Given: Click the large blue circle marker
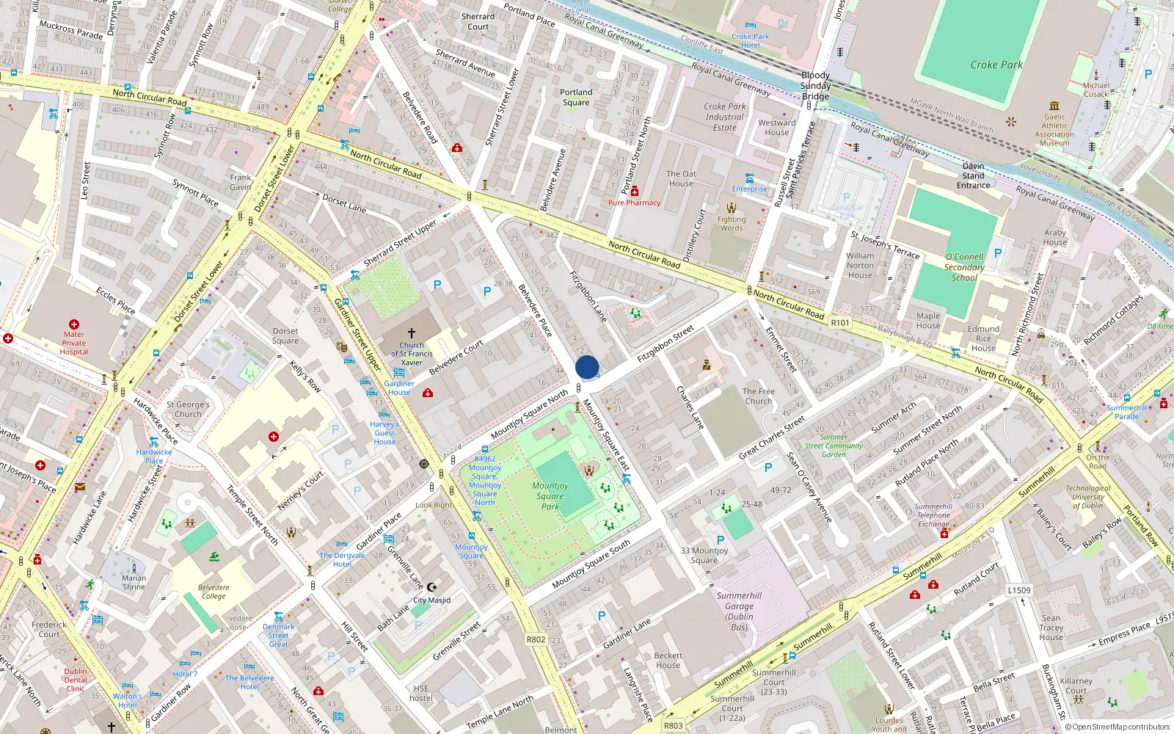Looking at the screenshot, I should click(587, 367).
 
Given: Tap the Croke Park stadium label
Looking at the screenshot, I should click(996, 65).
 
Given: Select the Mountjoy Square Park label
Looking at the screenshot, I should click(550, 495).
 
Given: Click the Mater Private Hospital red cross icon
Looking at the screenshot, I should click(74, 324).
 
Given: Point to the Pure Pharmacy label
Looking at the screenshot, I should click(634, 203).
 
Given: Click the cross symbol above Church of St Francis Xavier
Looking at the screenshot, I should click(412, 333).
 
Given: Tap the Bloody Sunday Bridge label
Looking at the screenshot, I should click(815, 86).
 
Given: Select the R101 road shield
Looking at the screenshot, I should click(840, 323).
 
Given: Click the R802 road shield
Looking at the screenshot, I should click(536, 639).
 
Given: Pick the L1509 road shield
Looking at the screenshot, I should click(1018, 590).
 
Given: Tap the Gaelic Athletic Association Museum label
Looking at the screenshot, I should click(1054, 130).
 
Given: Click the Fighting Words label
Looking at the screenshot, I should click(731, 223).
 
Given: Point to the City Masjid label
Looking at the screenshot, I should click(432, 600).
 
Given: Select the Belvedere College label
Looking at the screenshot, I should click(214, 592).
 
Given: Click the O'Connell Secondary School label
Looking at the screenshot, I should click(964, 267).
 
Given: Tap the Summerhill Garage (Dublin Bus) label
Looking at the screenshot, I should click(739, 611).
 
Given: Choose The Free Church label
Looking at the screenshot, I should click(758, 396).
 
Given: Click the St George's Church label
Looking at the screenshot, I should click(188, 409).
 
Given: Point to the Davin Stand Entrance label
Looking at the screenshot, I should click(973, 175).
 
